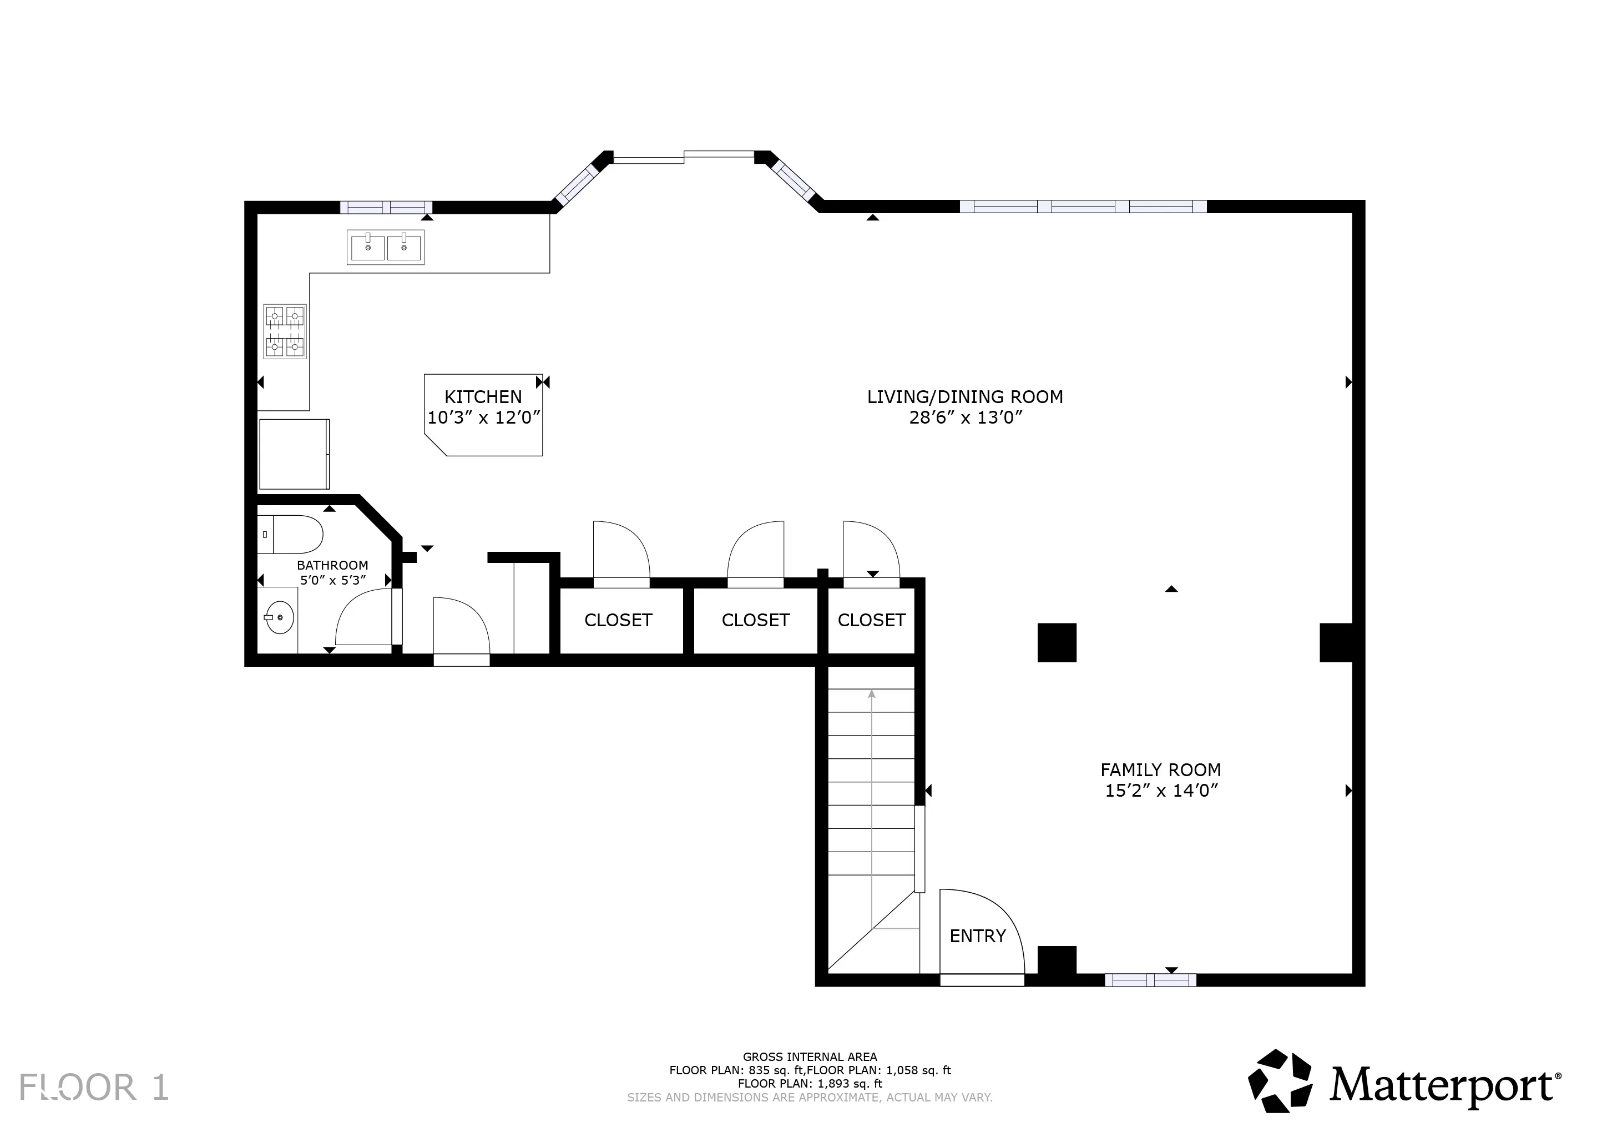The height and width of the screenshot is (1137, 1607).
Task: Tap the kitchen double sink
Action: (x=386, y=247)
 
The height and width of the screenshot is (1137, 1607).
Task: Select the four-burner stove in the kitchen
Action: (x=285, y=331)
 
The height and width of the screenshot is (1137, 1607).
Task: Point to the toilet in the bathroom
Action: (x=290, y=534)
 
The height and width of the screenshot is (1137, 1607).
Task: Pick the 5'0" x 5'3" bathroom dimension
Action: (x=333, y=580)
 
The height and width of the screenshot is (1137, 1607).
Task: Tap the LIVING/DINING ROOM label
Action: (x=965, y=397)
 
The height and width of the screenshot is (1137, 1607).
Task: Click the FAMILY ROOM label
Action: (x=1160, y=770)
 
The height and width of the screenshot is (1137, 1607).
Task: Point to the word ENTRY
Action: (x=978, y=936)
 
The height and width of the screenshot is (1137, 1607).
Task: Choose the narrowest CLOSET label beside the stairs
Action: (x=871, y=620)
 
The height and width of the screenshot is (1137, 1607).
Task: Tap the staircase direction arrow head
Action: (x=872, y=694)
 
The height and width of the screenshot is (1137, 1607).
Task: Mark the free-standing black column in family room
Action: (x=1057, y=643)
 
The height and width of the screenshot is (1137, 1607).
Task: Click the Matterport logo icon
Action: (x=1280, y=1081)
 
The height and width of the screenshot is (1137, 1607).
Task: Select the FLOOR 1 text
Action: (x=94, y=1087)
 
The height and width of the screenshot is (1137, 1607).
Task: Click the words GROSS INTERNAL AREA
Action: (x=810, y=1057)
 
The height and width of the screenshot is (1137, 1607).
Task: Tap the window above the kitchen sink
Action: (x=386, y=207)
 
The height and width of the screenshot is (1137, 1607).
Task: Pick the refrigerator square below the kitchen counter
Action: (x=294, y=454)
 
